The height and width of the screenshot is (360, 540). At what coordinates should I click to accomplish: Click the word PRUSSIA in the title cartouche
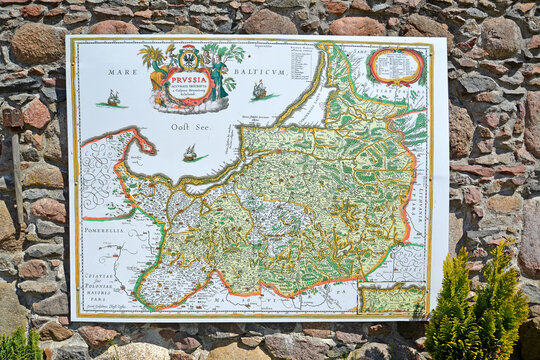tap(187, 76)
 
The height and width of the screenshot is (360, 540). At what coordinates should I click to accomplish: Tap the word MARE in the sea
tap(123, 72)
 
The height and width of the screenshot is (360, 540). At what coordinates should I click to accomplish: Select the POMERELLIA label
tap(102, 230)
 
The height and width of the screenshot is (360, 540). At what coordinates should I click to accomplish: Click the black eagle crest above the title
tap(188, 56)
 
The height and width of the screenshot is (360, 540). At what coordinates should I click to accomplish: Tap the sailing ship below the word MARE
tap(113, 98)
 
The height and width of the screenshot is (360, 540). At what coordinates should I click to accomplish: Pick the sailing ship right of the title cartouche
tap(259, 90)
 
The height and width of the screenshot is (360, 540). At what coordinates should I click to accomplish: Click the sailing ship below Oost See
tap(190, 153)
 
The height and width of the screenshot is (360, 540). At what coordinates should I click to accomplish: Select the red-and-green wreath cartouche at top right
tap(396, 66)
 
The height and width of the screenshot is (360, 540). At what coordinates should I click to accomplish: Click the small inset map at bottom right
tap(392, 298)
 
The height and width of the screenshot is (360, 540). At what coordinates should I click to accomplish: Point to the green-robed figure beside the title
tap(217, 77)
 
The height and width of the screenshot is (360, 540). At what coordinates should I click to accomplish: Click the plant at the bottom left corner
tap(18, 344)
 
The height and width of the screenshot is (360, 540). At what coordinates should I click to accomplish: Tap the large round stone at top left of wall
tap(37, 43)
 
